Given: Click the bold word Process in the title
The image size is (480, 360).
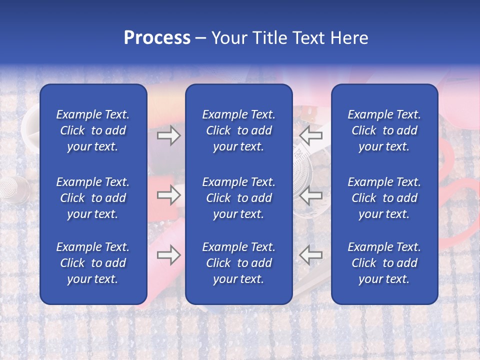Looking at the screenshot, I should pos(157,38).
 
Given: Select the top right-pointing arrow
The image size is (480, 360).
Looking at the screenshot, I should pos(168,135).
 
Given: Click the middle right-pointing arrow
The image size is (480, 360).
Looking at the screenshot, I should pos(168,195).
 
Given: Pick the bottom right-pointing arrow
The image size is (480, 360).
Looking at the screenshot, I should pos(168,255).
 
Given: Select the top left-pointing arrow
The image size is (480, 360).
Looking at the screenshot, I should pos(311,135).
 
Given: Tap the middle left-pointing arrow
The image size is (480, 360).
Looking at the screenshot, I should pos(311,195).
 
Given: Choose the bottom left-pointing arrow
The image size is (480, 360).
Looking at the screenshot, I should pos(311,255).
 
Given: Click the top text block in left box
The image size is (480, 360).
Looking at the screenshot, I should pos(93,130).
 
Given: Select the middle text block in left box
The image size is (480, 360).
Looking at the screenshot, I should pos(93,198).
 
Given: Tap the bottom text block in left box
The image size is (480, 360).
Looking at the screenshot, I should pos(93,263).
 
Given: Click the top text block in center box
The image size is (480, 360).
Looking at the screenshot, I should pos(238,130).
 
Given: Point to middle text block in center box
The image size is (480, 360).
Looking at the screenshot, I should pos(238,198).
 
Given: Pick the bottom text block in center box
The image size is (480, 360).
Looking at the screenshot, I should pos(238,263).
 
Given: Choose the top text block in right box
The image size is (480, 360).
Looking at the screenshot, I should pos(384,130).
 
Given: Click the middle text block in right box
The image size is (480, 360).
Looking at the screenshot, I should pos(384,198).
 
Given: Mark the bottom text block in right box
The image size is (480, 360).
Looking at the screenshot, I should pos(384,263).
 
